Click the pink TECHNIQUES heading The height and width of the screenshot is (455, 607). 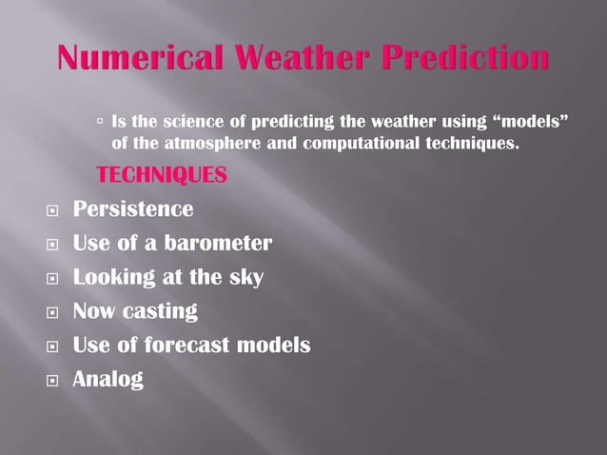[162, 176]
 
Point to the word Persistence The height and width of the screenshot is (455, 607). [133, 208]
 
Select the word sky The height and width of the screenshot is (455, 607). [245, 277]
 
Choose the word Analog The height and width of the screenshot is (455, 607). [108, 380]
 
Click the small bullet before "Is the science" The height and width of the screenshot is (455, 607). [101, 122]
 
